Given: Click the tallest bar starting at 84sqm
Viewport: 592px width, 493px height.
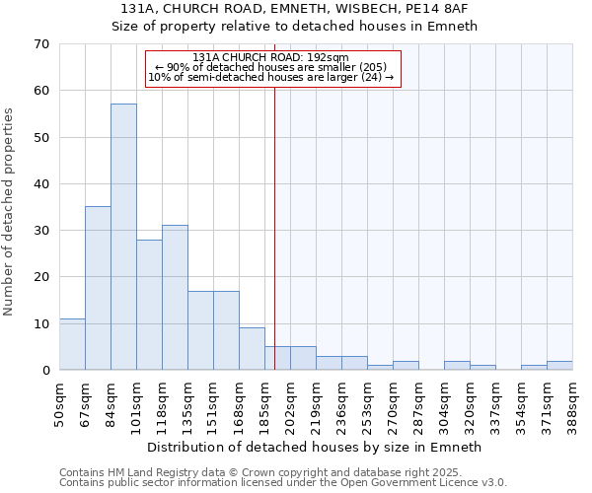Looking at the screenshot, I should [x=123, y=237].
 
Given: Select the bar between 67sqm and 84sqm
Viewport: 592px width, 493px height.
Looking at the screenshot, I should [x=98, y=288].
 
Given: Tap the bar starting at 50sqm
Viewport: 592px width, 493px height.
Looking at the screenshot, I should [x=72, y=344].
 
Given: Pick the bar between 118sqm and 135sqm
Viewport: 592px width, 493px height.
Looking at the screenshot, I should [x=175, y=298].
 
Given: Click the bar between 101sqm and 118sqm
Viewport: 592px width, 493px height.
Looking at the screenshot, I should [x=149, y=305].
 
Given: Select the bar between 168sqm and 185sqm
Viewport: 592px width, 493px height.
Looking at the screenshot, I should [x=252, y=349].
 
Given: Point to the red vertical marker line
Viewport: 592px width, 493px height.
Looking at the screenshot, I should [x=274, y=217].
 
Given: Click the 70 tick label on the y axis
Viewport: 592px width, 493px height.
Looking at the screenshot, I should [x=40, y=44].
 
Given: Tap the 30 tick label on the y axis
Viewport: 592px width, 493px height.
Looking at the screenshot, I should [x=40, y=231].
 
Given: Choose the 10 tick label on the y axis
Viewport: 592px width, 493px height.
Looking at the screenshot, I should [x=40, y=323].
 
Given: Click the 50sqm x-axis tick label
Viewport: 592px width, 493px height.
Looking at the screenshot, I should [x=60, y=402].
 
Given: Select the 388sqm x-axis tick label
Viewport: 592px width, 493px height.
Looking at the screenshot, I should [x=573, y=402].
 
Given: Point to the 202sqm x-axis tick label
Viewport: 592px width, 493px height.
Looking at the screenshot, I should [x=291, y=402].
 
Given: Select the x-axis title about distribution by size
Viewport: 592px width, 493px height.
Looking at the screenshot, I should [x=313, y=447].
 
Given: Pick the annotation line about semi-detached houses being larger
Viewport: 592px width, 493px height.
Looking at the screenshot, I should [x=270, y=77].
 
